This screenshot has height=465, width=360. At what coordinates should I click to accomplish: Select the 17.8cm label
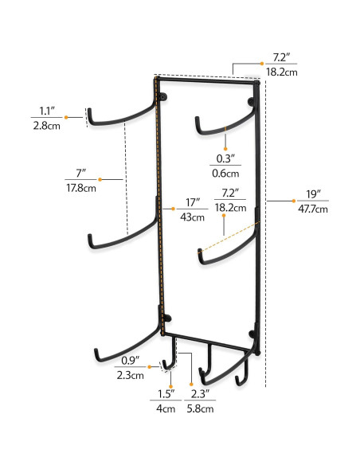pyautogui.click(x=80, y=189)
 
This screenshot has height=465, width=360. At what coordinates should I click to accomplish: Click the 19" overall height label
pyautogui.click(x=311, y=193)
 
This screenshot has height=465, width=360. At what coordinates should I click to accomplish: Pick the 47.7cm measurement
pyautogui.click(x=311, y=209)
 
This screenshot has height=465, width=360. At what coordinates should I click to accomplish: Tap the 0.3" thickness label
pyautogui.click(x=227, y=158)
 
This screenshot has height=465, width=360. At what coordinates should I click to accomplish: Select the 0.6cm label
pyautogui.click(x=227, y=173)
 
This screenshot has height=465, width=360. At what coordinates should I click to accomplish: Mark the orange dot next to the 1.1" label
pyautogui.click(x=67, y=118)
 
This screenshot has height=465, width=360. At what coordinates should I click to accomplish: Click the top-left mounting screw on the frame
pyautogui.click(x=164, y=98)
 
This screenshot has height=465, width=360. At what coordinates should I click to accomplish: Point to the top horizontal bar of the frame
pyautogui.click(x=207, y=80)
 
